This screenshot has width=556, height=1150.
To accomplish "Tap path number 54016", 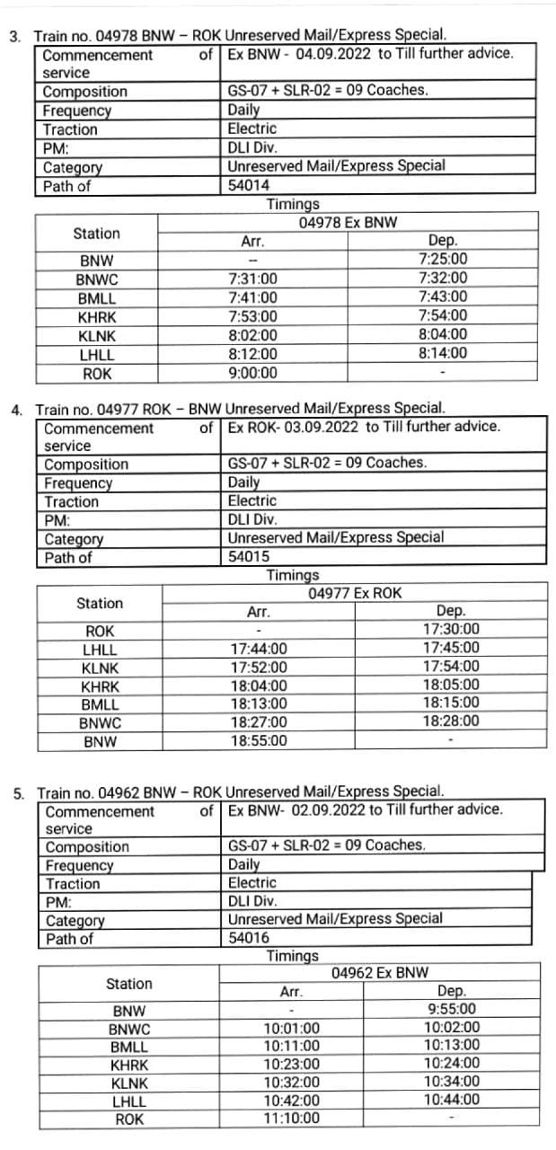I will pyautogui.click(x=249, y=938).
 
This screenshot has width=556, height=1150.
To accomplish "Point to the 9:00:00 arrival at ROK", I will pyautogui.click(x=253, y=373).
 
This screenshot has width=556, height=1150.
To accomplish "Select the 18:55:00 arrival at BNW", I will pyautogui.click(x=259, y=740).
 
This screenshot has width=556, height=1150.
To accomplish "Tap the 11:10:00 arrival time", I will pyautogui.click(x=291, y=1119).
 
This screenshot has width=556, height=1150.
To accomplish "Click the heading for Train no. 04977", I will pyautogui.click(x=240, y=409).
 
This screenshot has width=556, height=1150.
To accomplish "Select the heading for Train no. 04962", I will pyautogui.click(x=240, y=792).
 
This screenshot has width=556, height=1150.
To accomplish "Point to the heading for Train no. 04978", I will pyautogui.click(x=240, y=35).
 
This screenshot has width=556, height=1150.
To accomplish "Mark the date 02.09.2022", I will pyautogui.click(x=328, y=809).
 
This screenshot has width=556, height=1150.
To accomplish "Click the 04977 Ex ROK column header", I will pyautogui.click(x=355, y=593).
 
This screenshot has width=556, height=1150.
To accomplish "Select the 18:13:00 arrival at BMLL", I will pyautogui.click(x=259, y=703).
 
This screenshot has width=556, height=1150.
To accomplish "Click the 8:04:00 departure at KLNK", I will pyautogui.click(x=443, y=334).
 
